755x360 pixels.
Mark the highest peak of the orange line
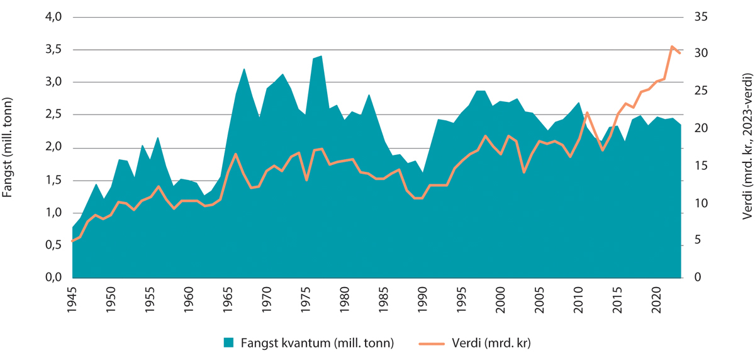pos(671,46)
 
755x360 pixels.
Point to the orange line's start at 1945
pos(72,241)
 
